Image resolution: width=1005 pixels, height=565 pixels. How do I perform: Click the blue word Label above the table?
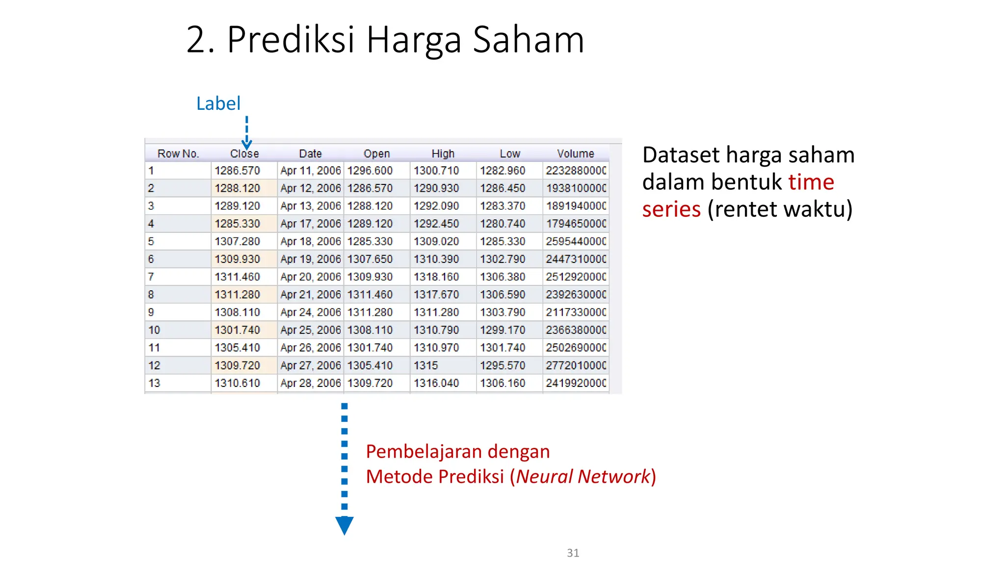[218, 103]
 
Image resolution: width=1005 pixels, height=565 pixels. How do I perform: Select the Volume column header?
[575, 154]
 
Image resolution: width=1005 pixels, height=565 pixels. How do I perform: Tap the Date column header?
[310, 154]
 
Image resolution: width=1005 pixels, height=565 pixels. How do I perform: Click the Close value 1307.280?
[237, 241]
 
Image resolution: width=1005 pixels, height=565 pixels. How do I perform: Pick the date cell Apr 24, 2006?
[310, 312]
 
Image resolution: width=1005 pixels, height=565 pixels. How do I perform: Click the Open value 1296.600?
[370, 171]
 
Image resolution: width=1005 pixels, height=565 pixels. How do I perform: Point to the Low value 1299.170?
[502, 330]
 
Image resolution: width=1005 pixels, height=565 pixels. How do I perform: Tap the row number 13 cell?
[154, 383]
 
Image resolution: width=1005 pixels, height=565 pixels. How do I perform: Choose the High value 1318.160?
[436, 277]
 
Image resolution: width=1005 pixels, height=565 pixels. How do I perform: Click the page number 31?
[573, 553]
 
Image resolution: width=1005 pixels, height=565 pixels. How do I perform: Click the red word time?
[811, 182]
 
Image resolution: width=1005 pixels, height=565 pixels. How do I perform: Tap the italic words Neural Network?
[583, 476]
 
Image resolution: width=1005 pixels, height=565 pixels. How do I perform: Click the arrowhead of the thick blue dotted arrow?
[344, 525]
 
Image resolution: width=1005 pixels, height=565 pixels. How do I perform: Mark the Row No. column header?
[178, 154]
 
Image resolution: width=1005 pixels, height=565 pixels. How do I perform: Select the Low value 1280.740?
[502, 224]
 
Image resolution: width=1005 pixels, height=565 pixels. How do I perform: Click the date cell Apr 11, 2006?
[310, 171]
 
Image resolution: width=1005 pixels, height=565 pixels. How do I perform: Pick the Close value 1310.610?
[237, 383]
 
